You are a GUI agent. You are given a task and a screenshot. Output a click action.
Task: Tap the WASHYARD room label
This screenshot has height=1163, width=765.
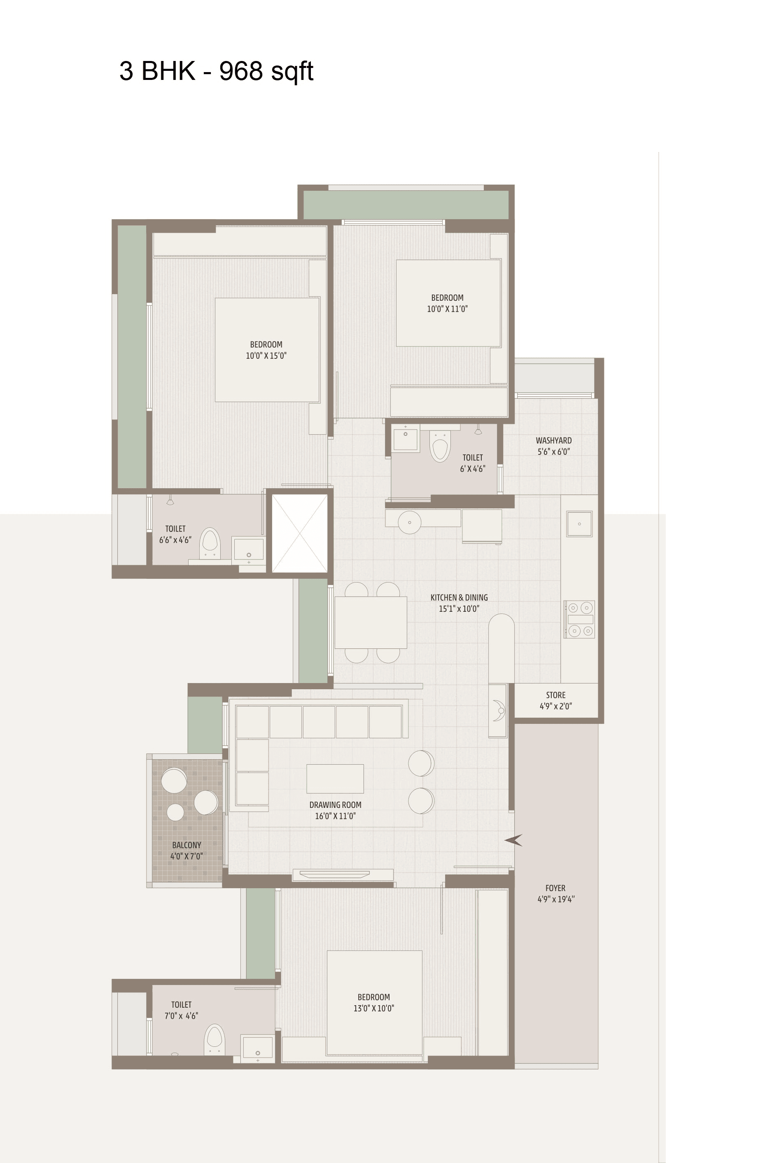tap(553, 440)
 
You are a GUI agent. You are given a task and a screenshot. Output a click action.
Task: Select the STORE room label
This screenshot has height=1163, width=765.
tap(555, 695)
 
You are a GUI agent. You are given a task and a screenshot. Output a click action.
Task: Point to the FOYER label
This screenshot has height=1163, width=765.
tap(555, 888)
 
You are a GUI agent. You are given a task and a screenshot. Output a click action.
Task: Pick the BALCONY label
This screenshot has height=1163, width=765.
tap(187, 845)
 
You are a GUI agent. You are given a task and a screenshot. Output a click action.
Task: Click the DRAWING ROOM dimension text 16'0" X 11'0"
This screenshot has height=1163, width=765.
tap(335, 816)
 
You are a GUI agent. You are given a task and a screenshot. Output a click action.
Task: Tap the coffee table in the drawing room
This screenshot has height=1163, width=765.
tap(335, 779)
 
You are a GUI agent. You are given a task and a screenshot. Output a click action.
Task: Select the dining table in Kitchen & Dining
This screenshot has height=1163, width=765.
tap(371, 622)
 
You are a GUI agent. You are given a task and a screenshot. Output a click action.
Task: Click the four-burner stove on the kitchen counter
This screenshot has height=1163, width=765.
tap(579, 619)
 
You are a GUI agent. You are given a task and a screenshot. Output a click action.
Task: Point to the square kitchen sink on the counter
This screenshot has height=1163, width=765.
tap(579, 524)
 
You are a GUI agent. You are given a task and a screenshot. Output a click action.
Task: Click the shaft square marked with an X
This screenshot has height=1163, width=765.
tap(299, 533)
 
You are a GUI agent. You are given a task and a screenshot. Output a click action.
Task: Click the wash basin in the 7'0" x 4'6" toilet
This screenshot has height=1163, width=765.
tap(257, 1051)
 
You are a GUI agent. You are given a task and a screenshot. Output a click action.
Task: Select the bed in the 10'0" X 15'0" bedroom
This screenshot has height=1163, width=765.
tap(267, 350)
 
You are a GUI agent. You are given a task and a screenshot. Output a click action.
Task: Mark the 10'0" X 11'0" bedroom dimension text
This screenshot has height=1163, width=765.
tap(447, 309)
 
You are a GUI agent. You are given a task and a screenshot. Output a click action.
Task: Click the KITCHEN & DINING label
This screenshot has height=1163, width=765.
tap(459, 597)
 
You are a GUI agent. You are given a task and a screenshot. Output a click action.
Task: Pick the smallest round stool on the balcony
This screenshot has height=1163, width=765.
tap(175, 812)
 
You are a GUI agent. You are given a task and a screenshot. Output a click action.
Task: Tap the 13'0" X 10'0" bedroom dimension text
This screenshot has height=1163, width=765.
tap(374, 1008)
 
